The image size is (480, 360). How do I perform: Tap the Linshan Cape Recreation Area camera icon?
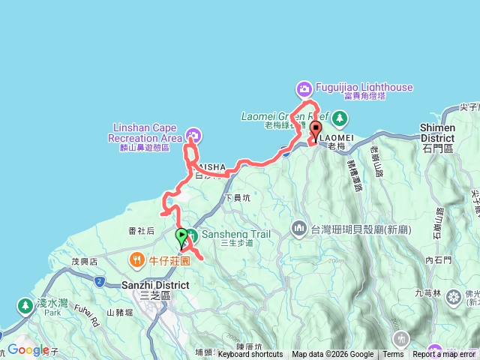pyautogui.click(x=193, y=135)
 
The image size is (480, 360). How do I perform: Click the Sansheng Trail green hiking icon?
pyautogui.click(x=193, y=235)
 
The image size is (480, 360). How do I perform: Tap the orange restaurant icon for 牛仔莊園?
pyautogui.click(x=136, y=260)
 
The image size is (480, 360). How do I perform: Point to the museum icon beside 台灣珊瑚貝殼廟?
pyautogui.click(x=298, y=226)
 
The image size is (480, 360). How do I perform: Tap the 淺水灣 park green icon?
pyautogui.click(x=22, y=306)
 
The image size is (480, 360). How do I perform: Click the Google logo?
pyautogui.click(x=28, y=349)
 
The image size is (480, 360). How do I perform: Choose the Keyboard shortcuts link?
pyautogui.click(x=250, y=355)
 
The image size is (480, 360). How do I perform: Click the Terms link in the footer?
pyautogui.click(x=393, y=355)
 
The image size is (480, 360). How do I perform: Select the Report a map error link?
pyautogui.click(x=444, y=355)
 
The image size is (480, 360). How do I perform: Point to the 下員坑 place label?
pyautogui.click(x=238, y=198)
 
